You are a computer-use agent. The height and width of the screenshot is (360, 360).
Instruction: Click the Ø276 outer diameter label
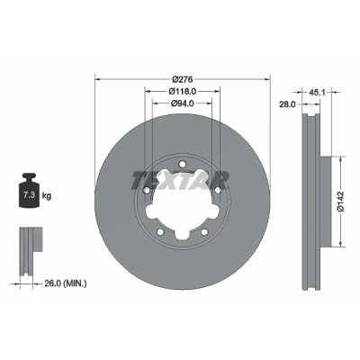coord(182,79)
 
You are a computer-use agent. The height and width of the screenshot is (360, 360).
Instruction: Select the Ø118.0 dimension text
coord(183,91)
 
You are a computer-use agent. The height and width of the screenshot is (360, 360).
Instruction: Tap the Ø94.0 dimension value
coord(183,103)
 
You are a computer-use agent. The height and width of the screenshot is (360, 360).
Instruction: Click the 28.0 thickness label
coord(287,104)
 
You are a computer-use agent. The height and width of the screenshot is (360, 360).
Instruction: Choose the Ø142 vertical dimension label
coord(341,201)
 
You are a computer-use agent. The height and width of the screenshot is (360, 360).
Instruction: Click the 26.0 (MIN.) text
coord(66,283)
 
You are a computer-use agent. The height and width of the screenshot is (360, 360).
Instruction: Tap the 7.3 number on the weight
coord(30,195)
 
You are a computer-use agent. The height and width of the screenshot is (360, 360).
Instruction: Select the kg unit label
coord(47,196)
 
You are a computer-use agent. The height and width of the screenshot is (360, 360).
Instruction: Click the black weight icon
coord(30,190)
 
